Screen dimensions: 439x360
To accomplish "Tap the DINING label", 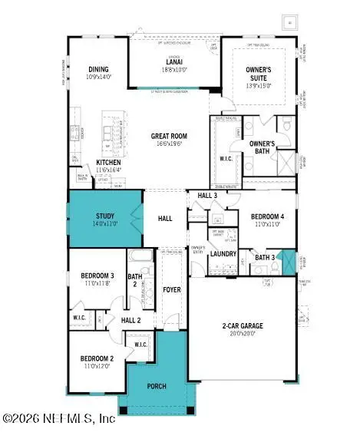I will (98, 68).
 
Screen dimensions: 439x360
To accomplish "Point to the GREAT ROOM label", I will (169, 137).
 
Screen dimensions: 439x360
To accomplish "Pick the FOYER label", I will (172, 289).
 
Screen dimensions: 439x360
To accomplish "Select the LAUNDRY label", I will (223, 253).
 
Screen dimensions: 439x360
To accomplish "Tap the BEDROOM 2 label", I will (97, 358).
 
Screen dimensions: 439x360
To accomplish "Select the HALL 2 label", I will (131, 320).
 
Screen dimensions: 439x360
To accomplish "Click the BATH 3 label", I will (265, 257).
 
